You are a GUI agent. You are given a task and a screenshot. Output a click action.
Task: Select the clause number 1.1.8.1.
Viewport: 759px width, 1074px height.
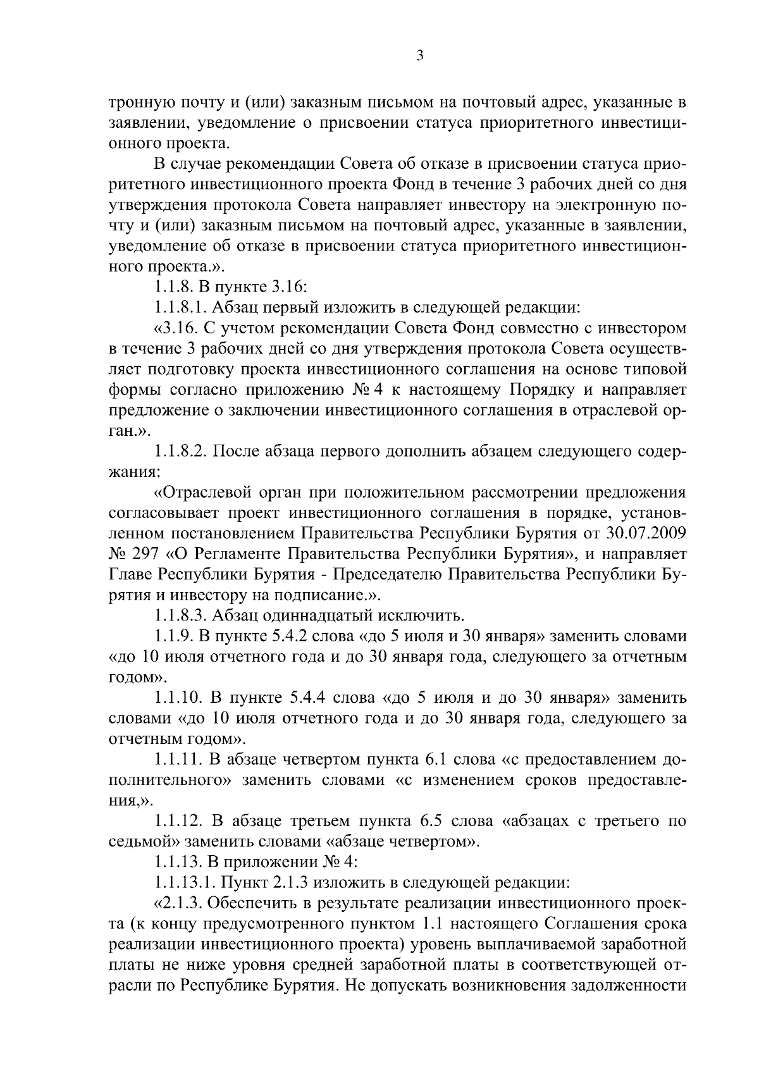(x=180, y=308)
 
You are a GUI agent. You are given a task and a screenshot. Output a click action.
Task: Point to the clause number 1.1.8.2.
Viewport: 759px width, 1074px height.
(x=180, y=452)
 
